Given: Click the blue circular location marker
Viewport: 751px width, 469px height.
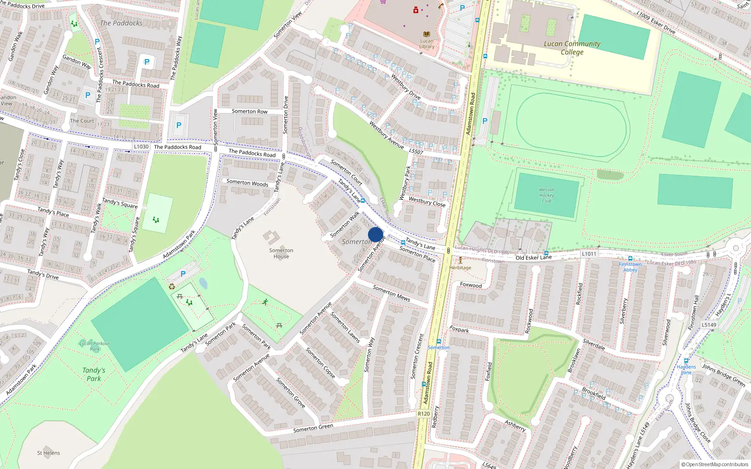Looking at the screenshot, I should tap(375, 234).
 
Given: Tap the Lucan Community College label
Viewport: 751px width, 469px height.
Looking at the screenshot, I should tap(572, 48).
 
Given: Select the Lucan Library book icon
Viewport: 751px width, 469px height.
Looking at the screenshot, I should tap(427, 34).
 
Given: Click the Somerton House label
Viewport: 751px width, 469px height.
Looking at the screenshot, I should tap(281, 253).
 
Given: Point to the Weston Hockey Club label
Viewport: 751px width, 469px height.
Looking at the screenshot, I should tap(546, 195).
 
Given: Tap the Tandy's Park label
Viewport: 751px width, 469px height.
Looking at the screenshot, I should tap(94, 374).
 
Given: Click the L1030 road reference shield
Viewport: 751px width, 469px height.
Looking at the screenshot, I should tap(141, 147).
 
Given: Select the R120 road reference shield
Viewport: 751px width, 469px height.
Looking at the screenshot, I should tap(423, 414).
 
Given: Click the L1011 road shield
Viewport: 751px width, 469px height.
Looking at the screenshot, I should tap(589, 254).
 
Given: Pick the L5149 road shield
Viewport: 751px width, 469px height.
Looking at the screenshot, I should tap(709, 325).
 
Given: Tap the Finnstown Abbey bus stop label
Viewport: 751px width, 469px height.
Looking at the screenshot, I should tap(630, 267).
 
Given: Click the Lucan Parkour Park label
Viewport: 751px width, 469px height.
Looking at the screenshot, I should tap(95, 346).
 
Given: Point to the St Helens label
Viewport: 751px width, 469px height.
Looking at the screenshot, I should tap(48, 453).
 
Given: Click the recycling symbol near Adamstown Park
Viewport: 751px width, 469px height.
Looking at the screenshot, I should tap(172, 287).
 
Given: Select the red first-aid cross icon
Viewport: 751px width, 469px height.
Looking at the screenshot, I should tap(415, 10).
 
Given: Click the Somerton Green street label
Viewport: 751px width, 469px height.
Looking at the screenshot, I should tap(313, 428).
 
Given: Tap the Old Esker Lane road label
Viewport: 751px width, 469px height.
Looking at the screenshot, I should tap(534, 257).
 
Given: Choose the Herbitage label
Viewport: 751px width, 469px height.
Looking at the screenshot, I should tap(460, 268).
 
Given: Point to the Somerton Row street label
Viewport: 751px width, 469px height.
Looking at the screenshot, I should tap(249, 112).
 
